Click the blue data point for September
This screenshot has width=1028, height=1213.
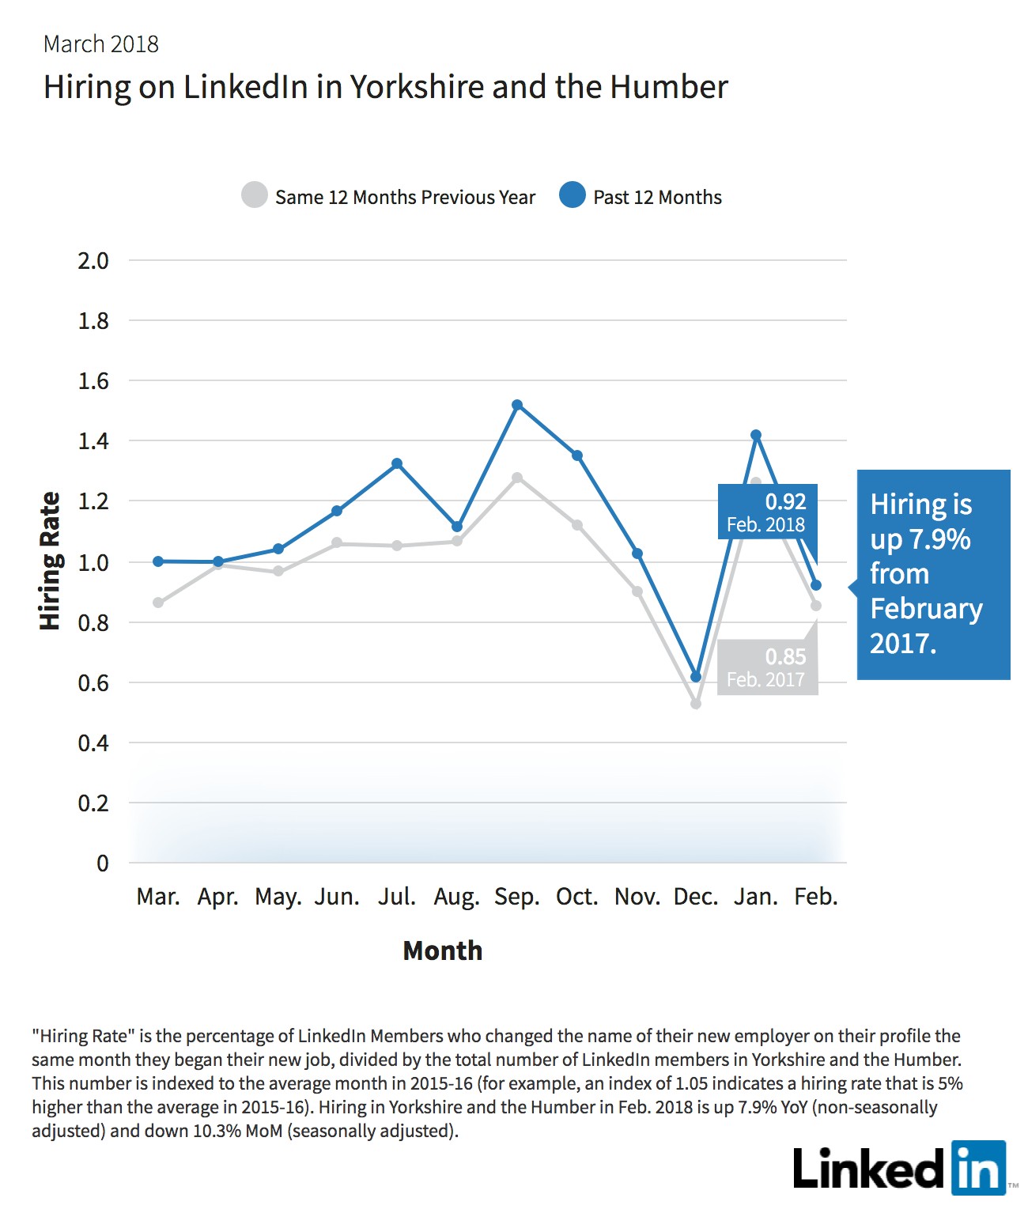click(517, 405)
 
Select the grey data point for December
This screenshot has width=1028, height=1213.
click(696, 703)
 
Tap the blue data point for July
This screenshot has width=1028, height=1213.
click(397, 463)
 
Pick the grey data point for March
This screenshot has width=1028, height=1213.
click(158, 603)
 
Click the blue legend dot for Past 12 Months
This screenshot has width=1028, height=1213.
click(572, 195)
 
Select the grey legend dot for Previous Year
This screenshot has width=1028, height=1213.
click(255, 195)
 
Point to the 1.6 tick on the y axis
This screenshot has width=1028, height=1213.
click(93, 381)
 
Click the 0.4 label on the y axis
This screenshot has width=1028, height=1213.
click(93, 743)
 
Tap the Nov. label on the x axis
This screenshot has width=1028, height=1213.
click(637, 897)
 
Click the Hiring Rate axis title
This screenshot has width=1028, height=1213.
click(50, 561)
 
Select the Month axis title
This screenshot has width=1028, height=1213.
click(442, 950)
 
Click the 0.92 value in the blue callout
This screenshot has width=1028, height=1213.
click(785, 502)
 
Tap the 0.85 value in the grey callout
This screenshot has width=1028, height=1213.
click(785, 656)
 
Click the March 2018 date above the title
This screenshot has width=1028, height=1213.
click(101, 44)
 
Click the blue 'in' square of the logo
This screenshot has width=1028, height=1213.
click(979, 1168)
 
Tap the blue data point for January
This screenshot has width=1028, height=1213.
click(756, 435)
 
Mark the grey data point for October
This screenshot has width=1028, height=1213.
click(577, 524)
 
